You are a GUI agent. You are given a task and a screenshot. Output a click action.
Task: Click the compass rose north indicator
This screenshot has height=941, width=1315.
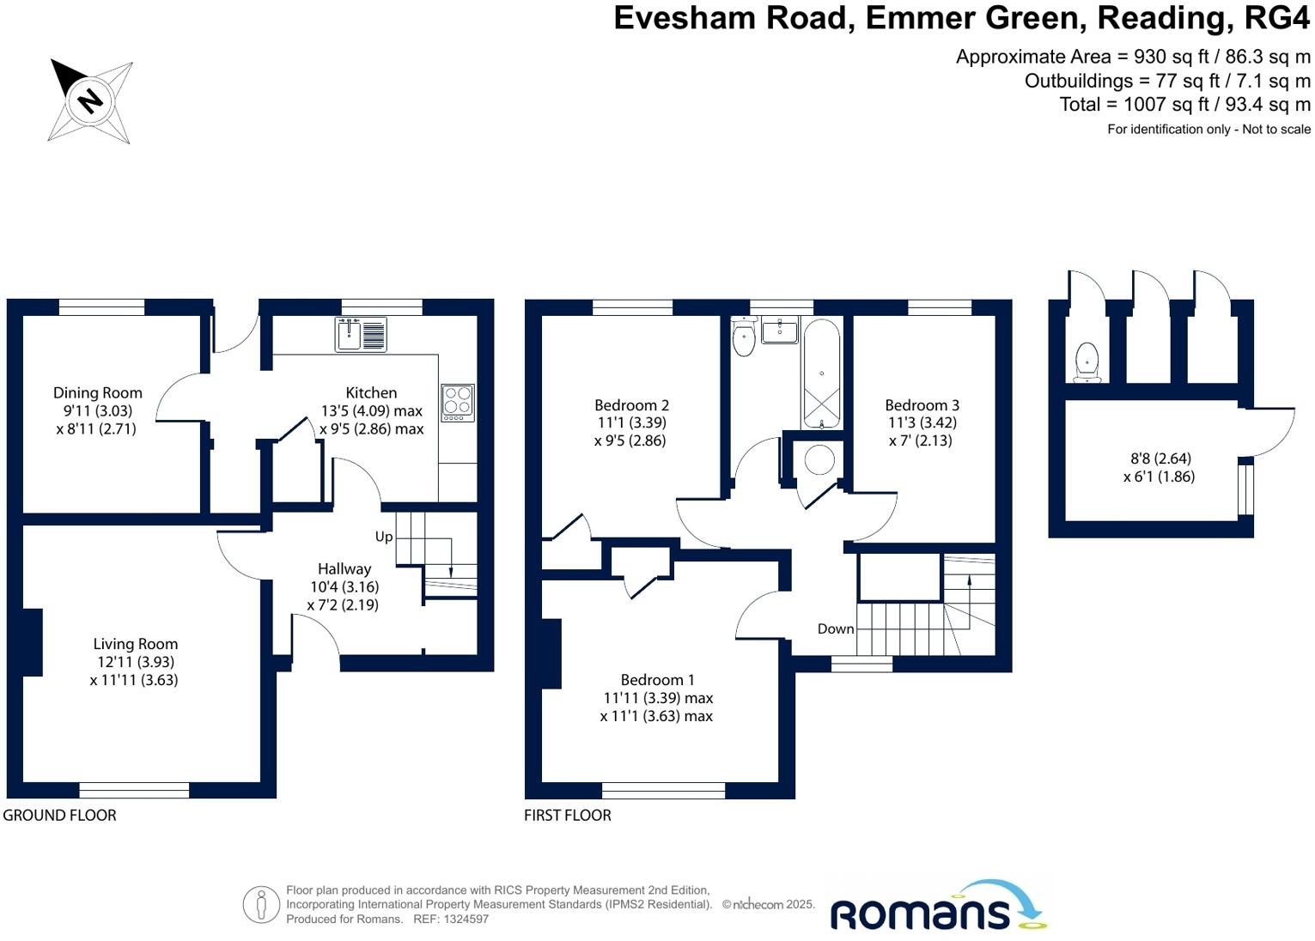89,100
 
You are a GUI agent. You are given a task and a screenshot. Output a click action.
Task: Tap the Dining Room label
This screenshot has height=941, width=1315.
97,393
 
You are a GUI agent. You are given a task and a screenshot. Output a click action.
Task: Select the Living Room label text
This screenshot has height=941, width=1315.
135,644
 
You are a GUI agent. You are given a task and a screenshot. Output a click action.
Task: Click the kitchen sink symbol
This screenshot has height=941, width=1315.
361,334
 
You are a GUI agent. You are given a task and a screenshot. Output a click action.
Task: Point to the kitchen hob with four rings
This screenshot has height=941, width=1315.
457,402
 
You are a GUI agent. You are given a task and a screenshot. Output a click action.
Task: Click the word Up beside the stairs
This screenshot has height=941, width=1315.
383,537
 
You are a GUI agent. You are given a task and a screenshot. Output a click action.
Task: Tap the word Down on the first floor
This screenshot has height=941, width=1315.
835,628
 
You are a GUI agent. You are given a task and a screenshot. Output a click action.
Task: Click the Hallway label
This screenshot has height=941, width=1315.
344,568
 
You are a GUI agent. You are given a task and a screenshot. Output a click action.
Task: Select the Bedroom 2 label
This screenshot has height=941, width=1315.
631,405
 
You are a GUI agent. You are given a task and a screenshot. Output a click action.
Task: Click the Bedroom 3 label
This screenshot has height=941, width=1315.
922,405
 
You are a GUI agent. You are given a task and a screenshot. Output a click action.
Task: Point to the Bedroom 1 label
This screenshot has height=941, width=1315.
657,680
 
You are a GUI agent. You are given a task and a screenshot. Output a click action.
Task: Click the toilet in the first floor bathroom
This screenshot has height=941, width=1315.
744,337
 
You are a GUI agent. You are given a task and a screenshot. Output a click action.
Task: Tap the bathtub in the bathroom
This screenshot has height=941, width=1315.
822,373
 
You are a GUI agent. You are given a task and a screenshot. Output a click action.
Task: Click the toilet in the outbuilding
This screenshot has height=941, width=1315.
1087,361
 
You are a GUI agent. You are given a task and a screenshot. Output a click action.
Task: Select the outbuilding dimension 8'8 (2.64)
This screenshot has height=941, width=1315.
1160,458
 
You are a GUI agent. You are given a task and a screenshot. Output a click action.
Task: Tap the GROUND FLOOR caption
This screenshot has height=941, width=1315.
59,815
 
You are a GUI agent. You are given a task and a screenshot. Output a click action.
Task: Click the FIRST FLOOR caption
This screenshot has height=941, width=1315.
568,815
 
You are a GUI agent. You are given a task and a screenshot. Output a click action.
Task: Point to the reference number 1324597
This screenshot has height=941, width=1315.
464,919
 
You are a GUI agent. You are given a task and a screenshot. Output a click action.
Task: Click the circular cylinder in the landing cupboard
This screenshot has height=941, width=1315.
819,460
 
